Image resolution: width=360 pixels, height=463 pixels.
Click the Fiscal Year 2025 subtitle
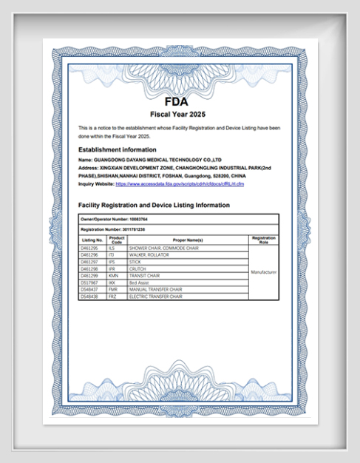coord(179,115)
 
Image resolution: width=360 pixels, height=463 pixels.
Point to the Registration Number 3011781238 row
coord(113,230)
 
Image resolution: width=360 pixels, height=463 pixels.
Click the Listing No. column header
coord(92,240)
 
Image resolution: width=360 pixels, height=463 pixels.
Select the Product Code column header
coord(117,240)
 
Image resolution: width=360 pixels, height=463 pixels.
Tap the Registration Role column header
coord(264,240)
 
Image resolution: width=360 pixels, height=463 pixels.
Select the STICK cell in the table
coord(135,261)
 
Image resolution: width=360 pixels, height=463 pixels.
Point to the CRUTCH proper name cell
coord(137,268)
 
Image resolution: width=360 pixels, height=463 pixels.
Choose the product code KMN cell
coord(113,275)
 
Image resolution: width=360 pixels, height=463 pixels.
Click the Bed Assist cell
coord(139,282)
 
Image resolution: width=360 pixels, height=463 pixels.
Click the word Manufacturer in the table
coord(264,272)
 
